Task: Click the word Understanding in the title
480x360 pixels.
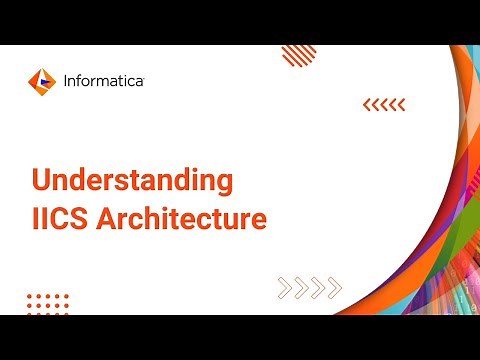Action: (x=132, y=182)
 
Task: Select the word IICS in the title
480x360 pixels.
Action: (x=60, y=218)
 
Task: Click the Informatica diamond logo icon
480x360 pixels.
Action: (x=41, y=79)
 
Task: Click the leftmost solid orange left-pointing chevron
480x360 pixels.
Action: (x=366, y=104)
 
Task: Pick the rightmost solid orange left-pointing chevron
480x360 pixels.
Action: (x=401, y=104)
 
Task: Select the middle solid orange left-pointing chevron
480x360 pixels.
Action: (x=384, y=104)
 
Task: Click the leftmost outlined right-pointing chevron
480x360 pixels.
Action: (x=284, y=288)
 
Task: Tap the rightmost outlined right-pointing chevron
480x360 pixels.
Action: (x=334, y=288)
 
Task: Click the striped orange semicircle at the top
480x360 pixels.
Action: (x=298, y=53)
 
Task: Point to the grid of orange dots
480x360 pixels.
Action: (x=48, y=303)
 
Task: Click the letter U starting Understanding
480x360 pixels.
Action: (x=42, y=182)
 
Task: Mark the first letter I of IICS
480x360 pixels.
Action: (x=36, y=218)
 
